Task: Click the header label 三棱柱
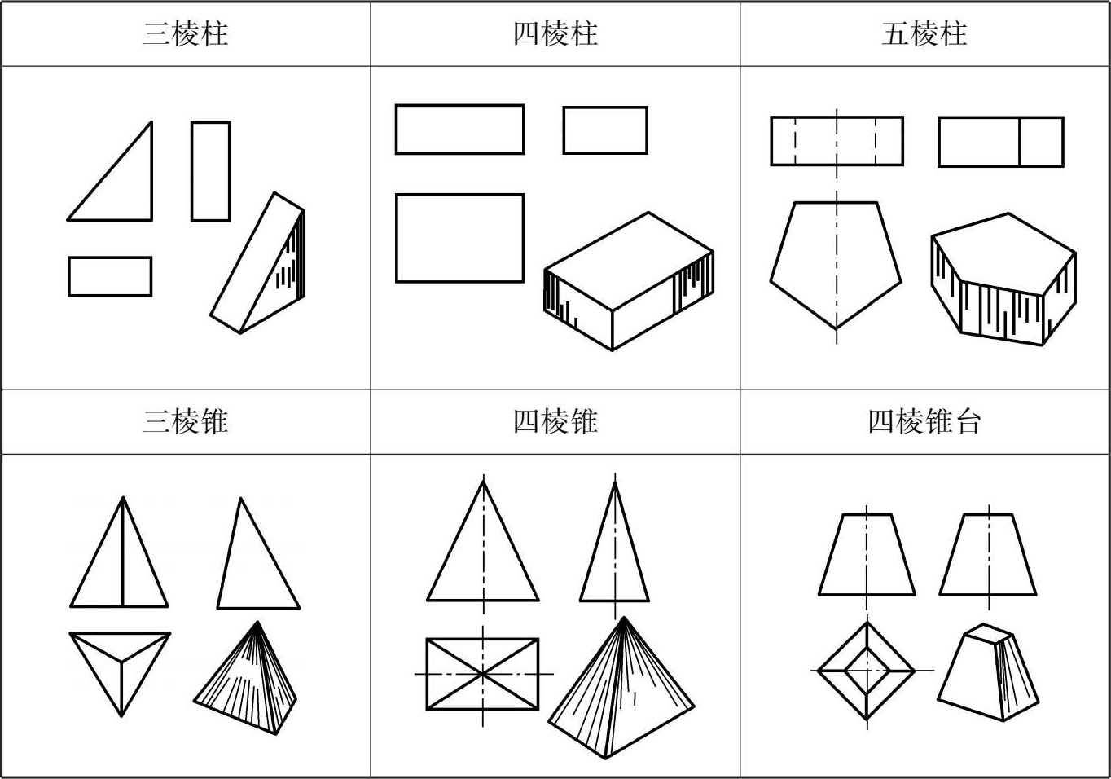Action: (186, 34)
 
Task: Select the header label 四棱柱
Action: (555, 34)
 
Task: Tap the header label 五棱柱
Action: (924, 34)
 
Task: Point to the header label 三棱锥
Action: (186, 422)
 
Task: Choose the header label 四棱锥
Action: (555, 422)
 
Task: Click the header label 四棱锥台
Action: (924, 422)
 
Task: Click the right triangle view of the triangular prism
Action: (122, 187)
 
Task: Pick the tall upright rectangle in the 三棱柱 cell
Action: (210, 171)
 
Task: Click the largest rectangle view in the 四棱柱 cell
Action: (459, 238)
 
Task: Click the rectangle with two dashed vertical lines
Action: (837, 141)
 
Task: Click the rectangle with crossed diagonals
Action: (482, 674)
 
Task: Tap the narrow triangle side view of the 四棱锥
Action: (615, 554)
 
